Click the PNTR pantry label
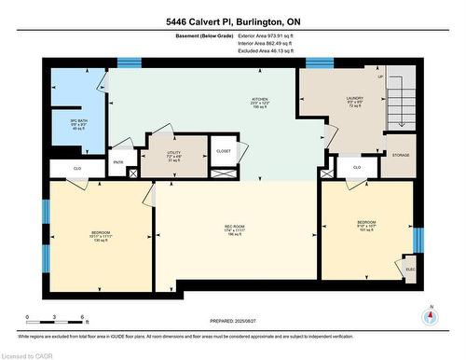118,161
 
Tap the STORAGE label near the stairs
401,155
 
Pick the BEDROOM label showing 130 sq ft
101,234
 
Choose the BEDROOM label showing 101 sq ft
366,226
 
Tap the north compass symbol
429,315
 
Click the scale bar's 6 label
85,318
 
